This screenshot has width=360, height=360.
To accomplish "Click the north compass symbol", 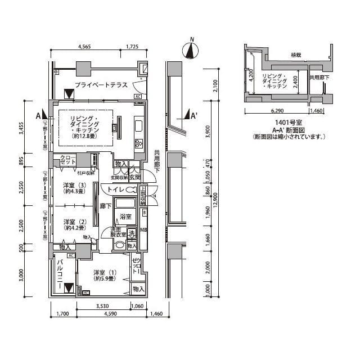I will (192, 49).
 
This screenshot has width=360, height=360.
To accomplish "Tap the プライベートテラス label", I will (100, 85).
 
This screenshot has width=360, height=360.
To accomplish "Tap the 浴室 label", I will (125, 217).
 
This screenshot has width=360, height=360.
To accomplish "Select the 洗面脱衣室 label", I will (118, 233).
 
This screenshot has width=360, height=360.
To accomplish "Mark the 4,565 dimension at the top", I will (85, 47).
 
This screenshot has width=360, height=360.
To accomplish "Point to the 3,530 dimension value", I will (102, 305).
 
